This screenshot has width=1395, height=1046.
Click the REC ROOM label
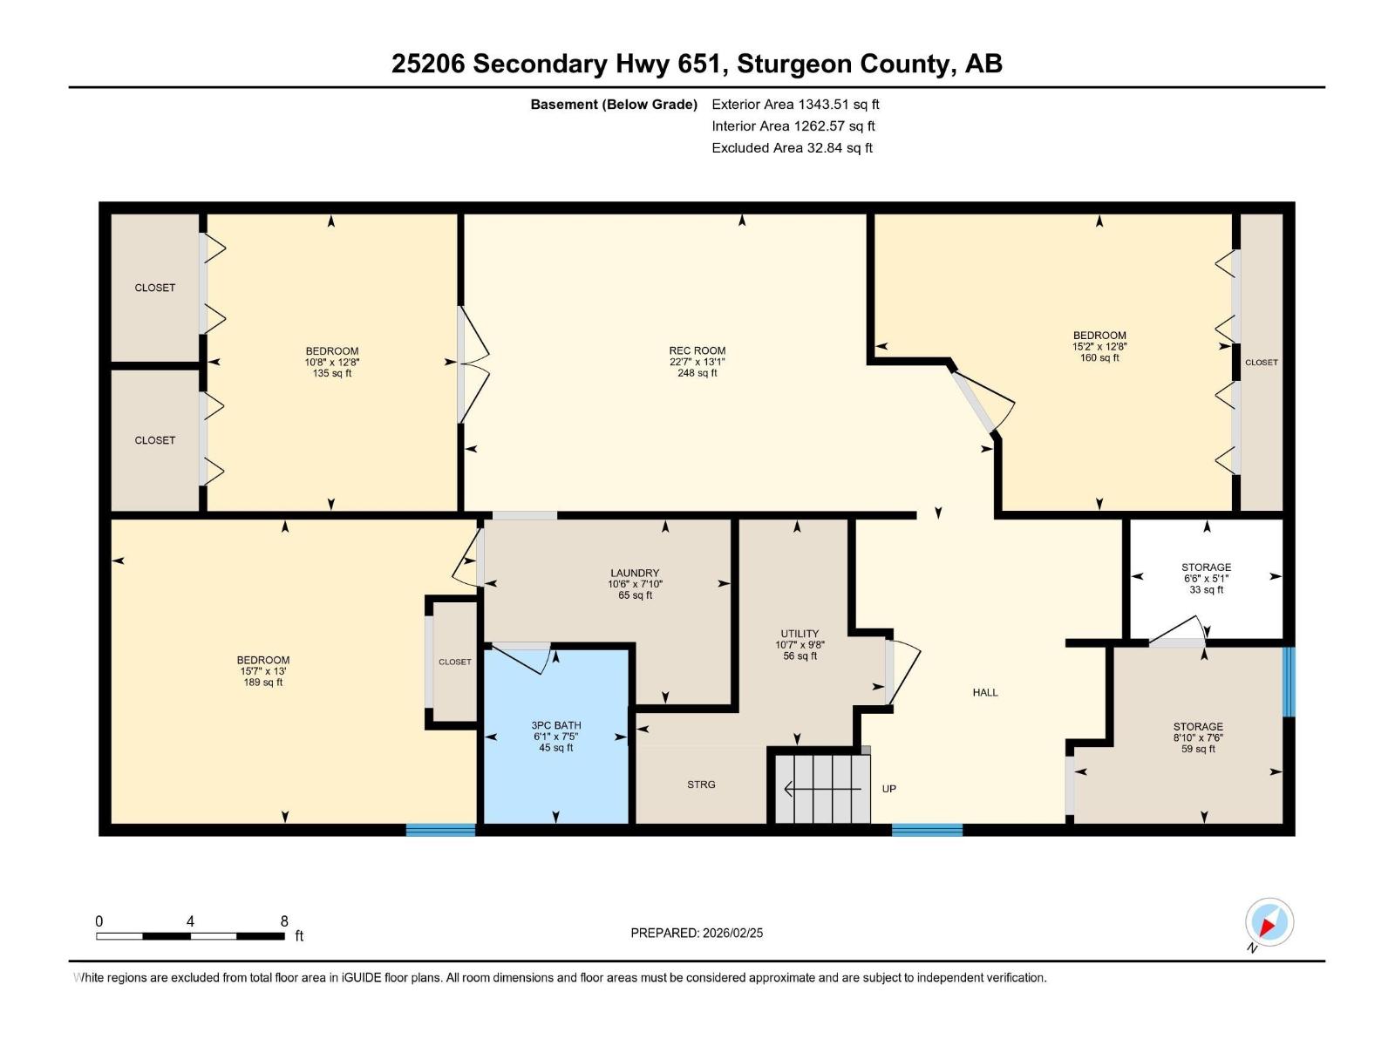point(697,351)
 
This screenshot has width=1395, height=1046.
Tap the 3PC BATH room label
point(555,725)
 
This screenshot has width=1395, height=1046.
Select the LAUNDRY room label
point(634,574)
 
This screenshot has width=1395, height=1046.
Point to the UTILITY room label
point(800,634)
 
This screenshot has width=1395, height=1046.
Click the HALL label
point(985,693)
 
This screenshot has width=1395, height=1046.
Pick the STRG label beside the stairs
point(701,784)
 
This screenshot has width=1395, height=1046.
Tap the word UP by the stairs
point(888,789)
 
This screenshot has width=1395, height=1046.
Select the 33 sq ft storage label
point(1206,578)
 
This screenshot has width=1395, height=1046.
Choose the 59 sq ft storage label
point(1198,737)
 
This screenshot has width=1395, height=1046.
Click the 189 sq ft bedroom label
point(262,671)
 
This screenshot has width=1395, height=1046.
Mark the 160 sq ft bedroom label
point(1099,346)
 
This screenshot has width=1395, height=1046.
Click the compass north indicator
point(1269,922)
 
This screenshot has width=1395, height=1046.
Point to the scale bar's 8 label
point(284,921)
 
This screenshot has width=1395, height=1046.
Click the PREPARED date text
point(697,933)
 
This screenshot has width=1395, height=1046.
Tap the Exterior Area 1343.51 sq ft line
point(795,105)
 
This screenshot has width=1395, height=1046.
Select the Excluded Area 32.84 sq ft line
point(792,148)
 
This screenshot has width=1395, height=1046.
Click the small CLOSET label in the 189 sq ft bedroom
point(454,662)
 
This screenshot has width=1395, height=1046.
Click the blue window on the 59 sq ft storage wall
point(1288,681)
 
